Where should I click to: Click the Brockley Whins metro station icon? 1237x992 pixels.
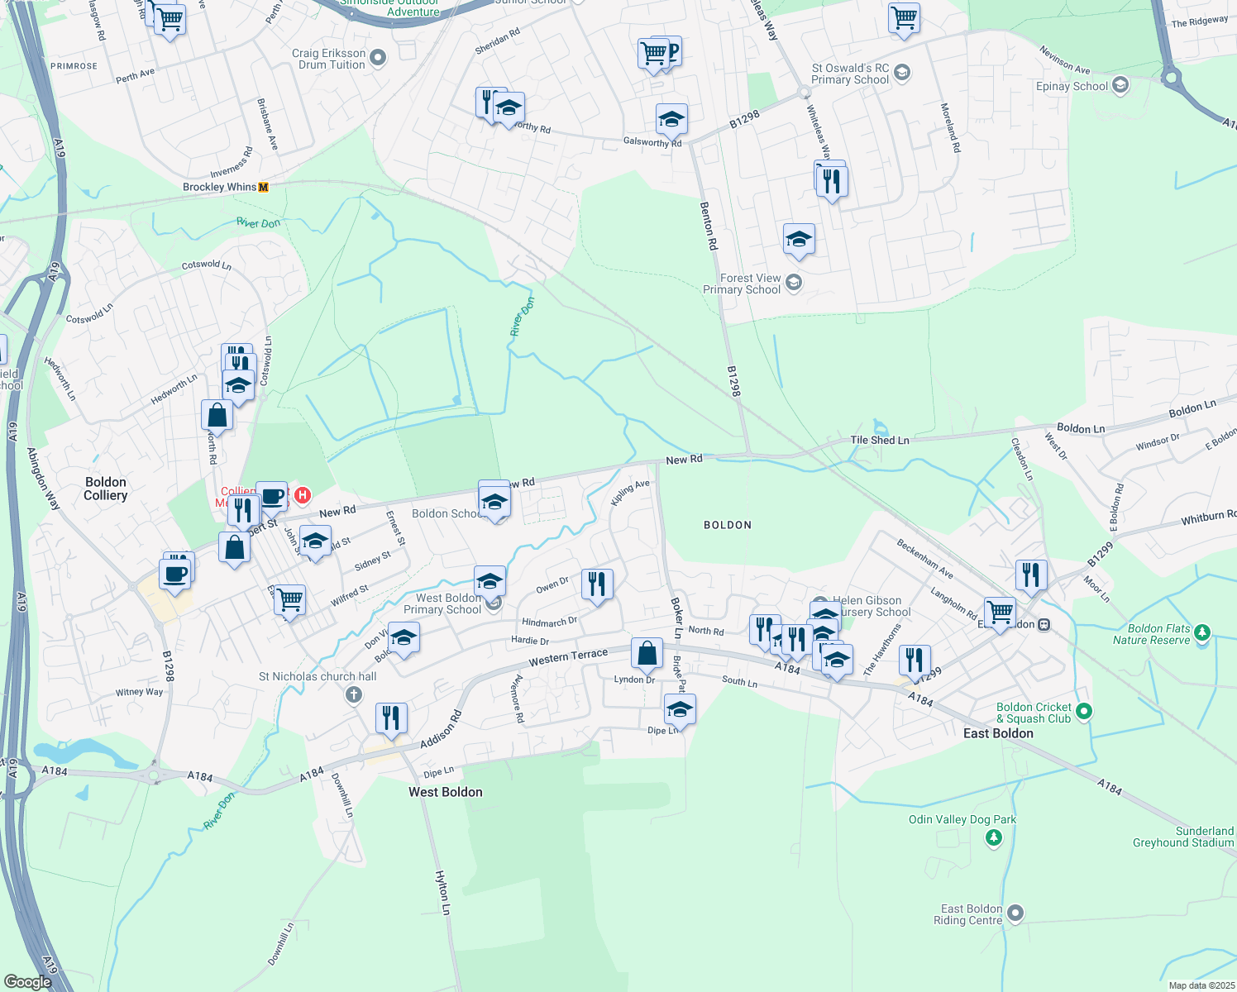[264, 188]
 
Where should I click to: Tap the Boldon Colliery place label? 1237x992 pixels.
[106, 489]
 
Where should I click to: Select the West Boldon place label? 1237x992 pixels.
[445, 792]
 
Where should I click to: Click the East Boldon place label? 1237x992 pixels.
[998, 733]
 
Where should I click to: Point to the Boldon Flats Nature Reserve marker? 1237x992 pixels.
[1202, 634]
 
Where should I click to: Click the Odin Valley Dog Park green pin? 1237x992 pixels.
[994, 838]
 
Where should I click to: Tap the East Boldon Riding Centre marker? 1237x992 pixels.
[1015, 913]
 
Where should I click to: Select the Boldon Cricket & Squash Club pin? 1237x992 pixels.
[1085, 712]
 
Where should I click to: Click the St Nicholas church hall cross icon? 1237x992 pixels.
[354, 694]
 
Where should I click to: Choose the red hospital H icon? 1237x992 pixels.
[303, 495]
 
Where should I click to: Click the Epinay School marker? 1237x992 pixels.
[1120, 85]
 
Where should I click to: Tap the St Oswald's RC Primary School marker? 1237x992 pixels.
[902, 73]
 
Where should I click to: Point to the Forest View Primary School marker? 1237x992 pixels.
[793, 284]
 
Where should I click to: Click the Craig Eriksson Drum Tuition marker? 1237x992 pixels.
[378, 58]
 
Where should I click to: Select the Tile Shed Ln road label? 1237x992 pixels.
[880, 441]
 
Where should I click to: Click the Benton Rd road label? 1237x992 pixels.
[709, 226]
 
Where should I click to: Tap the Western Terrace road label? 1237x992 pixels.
[568, 656]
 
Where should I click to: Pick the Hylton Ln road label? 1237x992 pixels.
[442, 892]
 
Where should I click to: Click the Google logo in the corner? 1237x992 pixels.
[27, 981]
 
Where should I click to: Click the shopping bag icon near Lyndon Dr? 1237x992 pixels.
[647, 653]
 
